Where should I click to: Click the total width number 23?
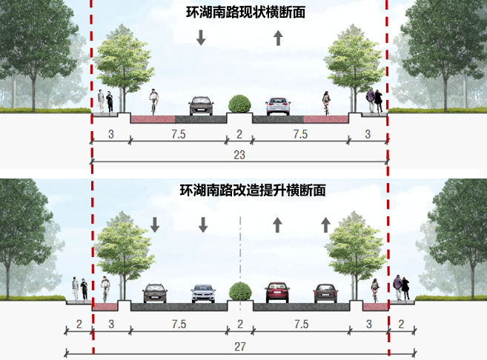239,156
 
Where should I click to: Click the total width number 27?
239,346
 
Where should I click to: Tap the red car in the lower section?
277,293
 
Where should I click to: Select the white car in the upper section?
277,107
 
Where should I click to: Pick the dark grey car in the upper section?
201,106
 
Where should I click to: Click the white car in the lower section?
202,294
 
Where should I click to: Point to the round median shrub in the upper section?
239,104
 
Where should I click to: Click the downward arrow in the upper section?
201,38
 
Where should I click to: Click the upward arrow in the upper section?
278,38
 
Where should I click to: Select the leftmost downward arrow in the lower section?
155,224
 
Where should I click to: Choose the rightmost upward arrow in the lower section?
325,224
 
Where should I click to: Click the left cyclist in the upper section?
153,102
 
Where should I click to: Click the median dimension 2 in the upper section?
239,134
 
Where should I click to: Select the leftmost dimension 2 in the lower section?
79,324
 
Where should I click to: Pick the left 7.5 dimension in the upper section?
178,134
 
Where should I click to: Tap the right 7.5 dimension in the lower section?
300,324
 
